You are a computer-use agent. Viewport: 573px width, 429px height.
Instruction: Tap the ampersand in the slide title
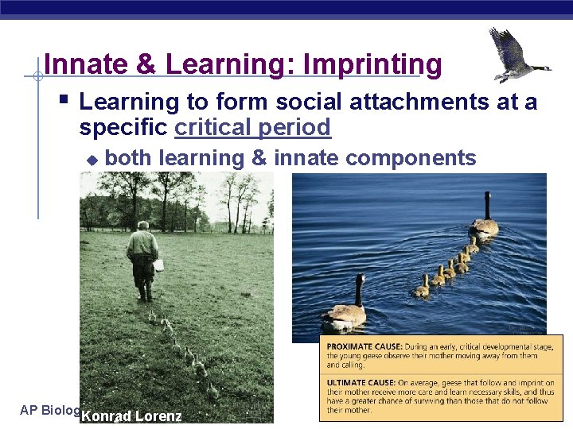[146, 64]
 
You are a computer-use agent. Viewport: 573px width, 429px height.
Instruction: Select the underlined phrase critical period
[252, 127]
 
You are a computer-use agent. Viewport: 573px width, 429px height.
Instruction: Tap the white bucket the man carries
[159, 265]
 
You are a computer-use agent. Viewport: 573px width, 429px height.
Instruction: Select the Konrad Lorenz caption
[131, 415]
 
